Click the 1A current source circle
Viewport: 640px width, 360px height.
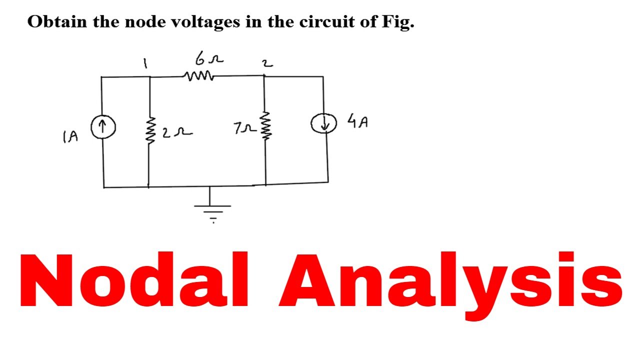click(103, 126)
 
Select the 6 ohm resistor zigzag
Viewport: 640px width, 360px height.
click(199, 76)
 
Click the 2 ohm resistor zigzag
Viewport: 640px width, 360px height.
click(149, 132)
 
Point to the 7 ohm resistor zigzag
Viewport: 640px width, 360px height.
click(265, 127)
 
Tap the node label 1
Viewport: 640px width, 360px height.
click(145, 63)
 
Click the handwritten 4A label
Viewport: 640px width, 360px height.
click(357, 121)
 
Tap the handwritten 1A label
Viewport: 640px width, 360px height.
click(70, 136)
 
